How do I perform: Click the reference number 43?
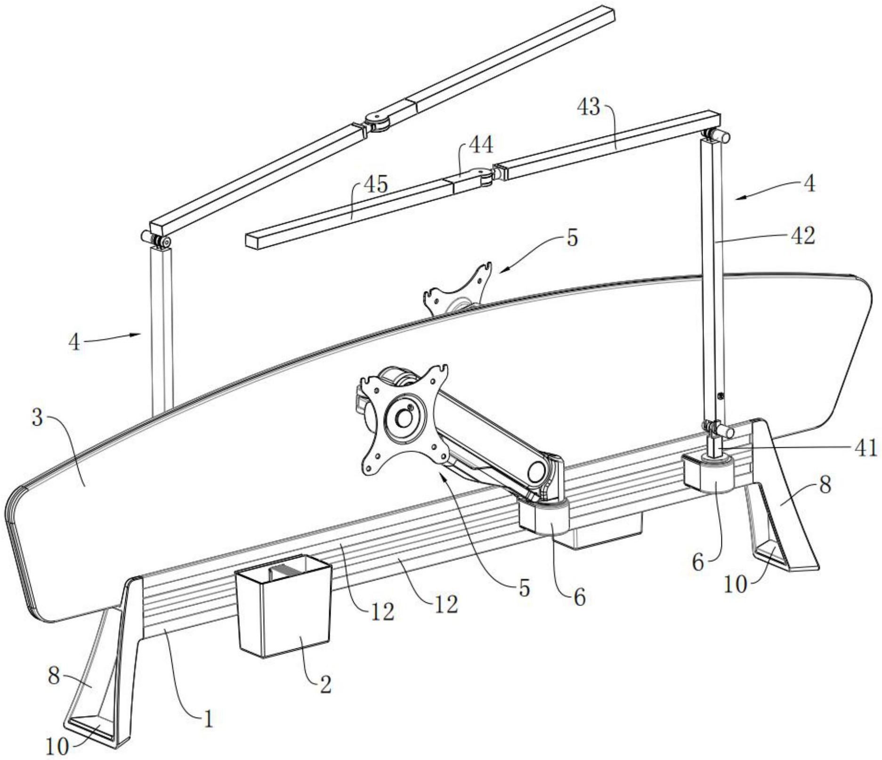click(589, 107)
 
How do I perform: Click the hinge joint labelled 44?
click(479, 177)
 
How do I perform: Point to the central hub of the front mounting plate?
click(404, 416)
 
